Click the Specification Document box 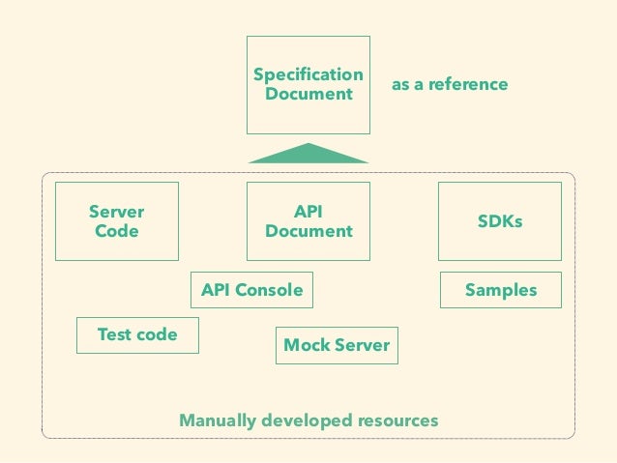coord(308,85)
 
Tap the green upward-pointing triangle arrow coord(308,154)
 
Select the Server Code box coord(117,221)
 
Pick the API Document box coord(308,221)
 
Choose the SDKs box coord(500,221)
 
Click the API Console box coord(251,290)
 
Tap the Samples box coord(501,290)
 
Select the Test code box coord(137,335)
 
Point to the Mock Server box coord(337,345)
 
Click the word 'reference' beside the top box coord(468,84)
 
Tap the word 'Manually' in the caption coord(218,420)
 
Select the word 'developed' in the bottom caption coord(307,420)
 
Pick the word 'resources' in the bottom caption coord(398,420)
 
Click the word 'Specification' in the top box coord(308,74)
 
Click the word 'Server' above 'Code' coord(116,212)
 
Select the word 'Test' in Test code coord(112,334)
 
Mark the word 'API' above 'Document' coord(308,212)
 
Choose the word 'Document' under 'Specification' coord(308,94)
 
